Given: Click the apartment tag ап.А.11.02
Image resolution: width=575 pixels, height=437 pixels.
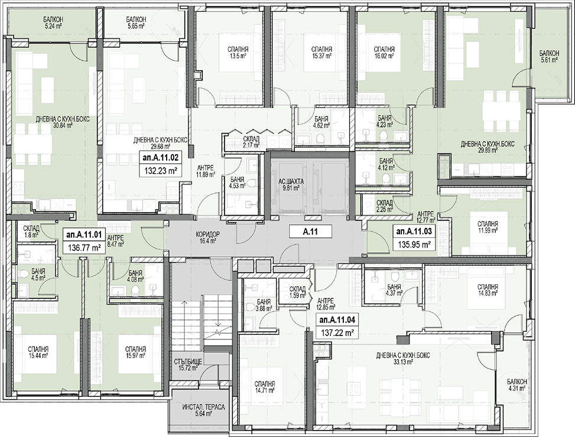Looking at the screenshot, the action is click(x=161, y=158).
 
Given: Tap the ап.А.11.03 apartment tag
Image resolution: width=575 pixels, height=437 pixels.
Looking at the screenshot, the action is click(x=414, y=231).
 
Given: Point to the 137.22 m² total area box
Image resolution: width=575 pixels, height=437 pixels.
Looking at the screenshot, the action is click(x=337, y=333).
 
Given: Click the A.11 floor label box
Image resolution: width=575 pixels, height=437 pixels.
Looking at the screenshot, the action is click(x=310, y=231).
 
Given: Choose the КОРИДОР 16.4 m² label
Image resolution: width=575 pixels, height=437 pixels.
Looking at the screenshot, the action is click(x=207, y=238).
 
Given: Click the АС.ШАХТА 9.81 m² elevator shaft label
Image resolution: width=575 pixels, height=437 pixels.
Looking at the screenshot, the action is click(x=289, y=186).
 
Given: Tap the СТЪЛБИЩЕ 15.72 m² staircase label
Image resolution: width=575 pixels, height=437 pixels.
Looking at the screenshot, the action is click(x=188, y=365).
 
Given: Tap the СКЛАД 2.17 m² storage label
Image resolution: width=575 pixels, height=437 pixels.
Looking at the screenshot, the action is click(x=251, y=142).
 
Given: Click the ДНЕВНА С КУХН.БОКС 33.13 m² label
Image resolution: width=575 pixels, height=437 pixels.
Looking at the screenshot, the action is click(x=403, y=358).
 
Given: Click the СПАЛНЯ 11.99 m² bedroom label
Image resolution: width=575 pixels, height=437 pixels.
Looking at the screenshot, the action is click(x=488, y=227).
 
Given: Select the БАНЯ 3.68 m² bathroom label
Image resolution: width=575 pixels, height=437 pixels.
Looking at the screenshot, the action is click(x=264, y=305).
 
